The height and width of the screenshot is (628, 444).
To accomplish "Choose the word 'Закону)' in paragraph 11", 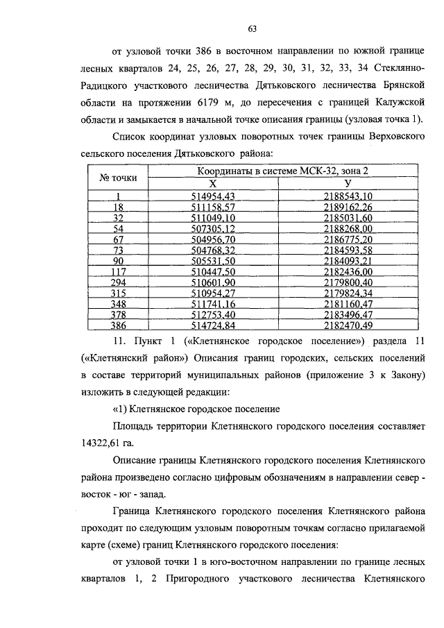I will tap(403, 375).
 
